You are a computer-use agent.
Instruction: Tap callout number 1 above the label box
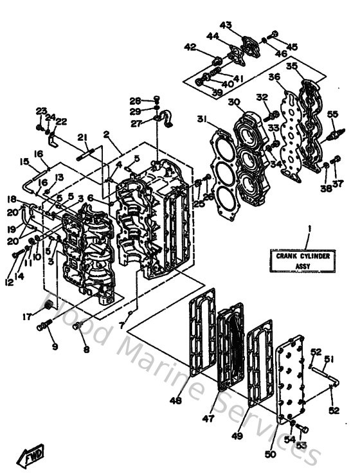308,228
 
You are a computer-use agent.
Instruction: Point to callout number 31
202,119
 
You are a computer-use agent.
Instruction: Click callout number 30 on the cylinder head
233,102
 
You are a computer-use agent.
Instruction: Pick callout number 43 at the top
226,25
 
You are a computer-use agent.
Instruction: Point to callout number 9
55,347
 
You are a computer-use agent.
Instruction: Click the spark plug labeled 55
334,134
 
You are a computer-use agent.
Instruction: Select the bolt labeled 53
304,428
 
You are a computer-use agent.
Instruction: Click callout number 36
274,77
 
